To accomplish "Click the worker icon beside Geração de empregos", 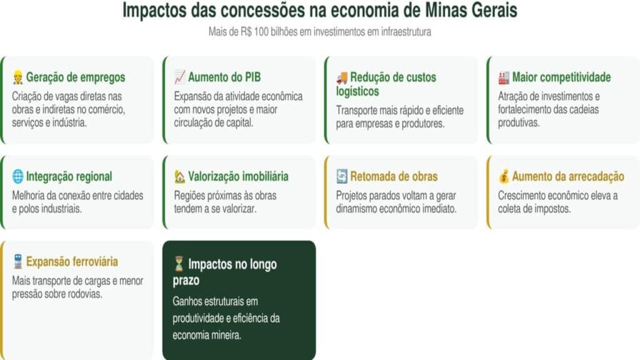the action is coord(17,77).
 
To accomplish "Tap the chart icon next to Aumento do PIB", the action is coord(179,77).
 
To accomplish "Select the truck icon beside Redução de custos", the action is coord(342,77).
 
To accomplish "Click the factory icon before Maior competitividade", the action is coord(504,77).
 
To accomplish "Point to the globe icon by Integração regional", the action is coord(18,176).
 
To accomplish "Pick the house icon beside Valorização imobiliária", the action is coord(179,176).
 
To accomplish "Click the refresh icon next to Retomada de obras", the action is coord(342,176).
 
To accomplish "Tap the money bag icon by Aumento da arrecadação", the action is coord(504,176).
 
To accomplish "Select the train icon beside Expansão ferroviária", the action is coord(17,262).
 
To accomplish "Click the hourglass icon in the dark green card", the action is coord(179,264).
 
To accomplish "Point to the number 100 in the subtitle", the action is coord(262,31).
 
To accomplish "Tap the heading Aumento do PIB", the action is coord(224,77).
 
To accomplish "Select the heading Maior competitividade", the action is coord(562,77).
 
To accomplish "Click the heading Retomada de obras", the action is coord(394,176).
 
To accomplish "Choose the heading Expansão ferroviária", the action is coord(72,262).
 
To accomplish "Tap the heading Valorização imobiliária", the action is coord(238,176).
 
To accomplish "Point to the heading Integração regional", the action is coord(69,176).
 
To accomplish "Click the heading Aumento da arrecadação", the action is coord(568,176).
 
